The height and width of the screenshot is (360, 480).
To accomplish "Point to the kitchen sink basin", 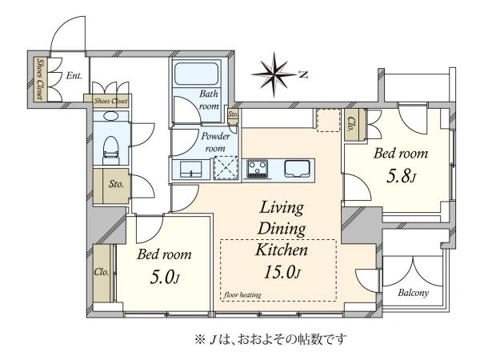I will pos(294,169).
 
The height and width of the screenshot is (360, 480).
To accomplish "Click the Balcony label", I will pos(413,292).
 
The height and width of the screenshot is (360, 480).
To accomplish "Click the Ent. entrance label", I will pos(74,76).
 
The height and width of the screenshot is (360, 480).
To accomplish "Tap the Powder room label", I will pos(216,142).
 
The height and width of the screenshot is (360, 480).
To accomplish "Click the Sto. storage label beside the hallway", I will pos(114,183).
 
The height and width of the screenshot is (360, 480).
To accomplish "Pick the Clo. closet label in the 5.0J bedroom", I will pos(102,272).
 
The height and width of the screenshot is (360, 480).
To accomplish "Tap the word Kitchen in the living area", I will pos(280,250).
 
